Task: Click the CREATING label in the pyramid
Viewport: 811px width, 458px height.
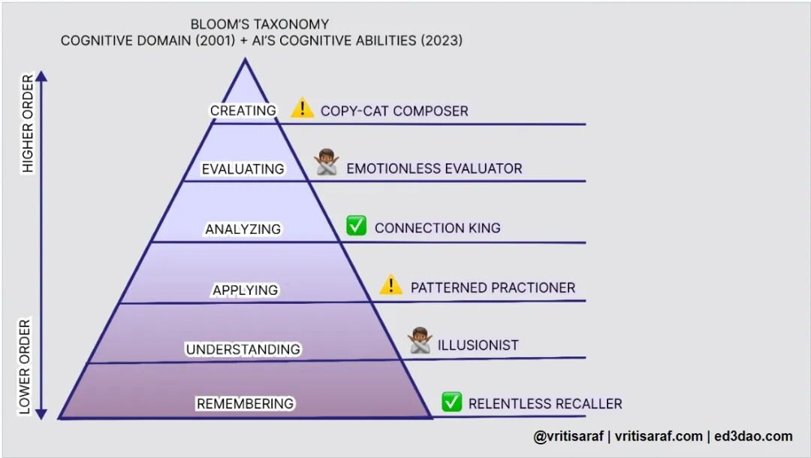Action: pos(243,111)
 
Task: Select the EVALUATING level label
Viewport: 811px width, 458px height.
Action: pos(243,169)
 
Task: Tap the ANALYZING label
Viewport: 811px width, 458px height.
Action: pos(243,229)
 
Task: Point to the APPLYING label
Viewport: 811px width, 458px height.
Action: pos(245,290)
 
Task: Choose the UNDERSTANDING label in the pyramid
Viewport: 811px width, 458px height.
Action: pos(243,350)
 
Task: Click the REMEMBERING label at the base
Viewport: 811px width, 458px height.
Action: pos(245,404)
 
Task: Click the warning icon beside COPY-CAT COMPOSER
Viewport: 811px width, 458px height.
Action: pos(302,109)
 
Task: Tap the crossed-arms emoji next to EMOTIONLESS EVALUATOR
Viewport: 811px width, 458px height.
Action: pos(327,163)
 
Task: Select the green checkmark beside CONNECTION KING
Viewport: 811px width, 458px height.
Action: pos(356,226)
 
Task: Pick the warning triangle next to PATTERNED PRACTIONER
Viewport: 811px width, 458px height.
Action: pos(390,285)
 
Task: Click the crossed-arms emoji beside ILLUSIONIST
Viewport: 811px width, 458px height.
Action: pos(420,341)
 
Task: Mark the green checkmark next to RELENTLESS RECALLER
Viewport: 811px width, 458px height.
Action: pos(451,402)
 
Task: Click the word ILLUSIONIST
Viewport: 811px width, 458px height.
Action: pos(478,346)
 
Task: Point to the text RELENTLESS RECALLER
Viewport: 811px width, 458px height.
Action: pos(544,404)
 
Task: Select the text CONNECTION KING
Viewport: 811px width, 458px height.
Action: pos(437,228)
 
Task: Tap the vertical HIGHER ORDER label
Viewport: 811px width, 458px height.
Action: pos(28,124)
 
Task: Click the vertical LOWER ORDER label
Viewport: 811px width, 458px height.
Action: pos(25,367)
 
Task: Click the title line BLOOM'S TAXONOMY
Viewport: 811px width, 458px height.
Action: pos(260,24)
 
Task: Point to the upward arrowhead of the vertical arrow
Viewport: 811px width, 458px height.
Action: pos(42,76)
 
